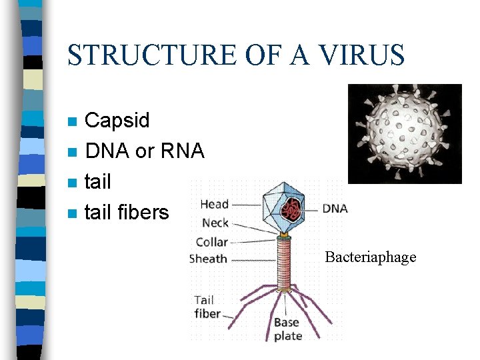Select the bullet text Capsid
[x=117, y=121]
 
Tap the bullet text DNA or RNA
[x=144, y=151]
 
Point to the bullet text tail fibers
[x=127, y=213]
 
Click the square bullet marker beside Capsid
[x=73, y=122]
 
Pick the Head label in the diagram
[x=214, y=205]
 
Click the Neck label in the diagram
[x=215, y=223]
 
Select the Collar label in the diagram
[x=212, y=241]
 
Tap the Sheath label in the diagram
[x=208, y=259]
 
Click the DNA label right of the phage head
[x=335, y=209]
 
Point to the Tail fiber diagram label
[x=207, y=307]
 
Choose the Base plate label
[x=287, y=329]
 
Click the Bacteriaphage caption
[x=370, y=257]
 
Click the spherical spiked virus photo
[x=405, y=133]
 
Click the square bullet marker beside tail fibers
[x=73, y=214]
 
